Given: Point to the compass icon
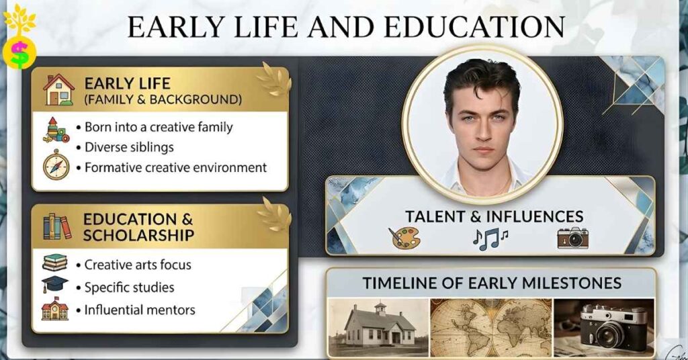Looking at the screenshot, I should pyautogui.click(x=56, y=165).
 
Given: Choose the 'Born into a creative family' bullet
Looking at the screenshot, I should pyautogui.click(x=159, y=127).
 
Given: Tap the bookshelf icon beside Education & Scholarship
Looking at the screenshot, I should pyautogui.click(x=57, y=226).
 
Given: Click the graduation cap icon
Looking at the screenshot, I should pyautogui.click(x=55, y=283).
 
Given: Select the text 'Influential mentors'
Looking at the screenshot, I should pyautogui.click(x=140, y=310).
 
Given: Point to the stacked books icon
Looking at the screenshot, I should pyautogui.click(x=55, y=262).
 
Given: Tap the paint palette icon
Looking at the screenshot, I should pyautogui.click(x=404, y=238).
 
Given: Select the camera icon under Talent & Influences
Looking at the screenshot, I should pyautogui.click(x=572, y=238).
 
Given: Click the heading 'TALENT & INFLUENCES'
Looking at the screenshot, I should pyautogui.click(x=493, y=216).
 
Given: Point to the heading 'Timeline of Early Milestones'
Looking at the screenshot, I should pyautogui.click(x=492, y=283).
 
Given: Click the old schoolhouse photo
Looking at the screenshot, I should pyautogui.click(x=379, y=327).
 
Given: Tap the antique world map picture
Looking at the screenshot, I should pyautogui.click(x=491, y=327).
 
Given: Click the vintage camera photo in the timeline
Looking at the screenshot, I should pyautogui.click(x=603, y=327).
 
